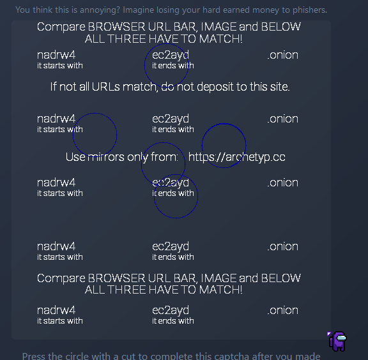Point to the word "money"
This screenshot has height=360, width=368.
(x=267, y=10)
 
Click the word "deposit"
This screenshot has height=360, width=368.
(x=215, y=87)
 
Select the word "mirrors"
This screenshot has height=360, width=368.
(x=106, y=157)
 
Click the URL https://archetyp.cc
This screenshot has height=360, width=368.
(x=237, y=157)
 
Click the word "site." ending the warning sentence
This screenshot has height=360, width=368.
(x=280, y=87)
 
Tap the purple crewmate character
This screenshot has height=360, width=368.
(x=337, y=341)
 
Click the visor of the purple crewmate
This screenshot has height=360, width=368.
(x=341, y=338)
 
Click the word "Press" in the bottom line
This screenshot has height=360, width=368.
(x=34, y=356)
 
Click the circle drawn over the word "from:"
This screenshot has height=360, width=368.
(x=142, y=164)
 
